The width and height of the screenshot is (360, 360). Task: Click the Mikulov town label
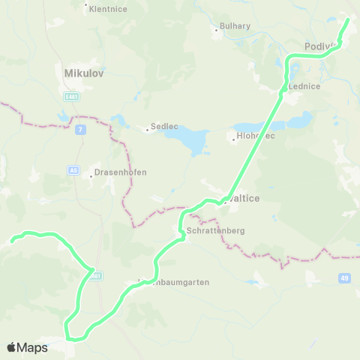click(83, 74)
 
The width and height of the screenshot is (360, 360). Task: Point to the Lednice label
click(305, 86)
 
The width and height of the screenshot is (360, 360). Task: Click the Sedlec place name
click(163, 127)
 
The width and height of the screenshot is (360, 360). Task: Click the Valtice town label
click(247, 200)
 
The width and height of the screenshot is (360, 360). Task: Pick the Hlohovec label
click(252, 136)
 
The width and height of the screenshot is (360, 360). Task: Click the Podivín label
click(319, 46)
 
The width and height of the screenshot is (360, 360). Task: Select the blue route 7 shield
click(80, 130)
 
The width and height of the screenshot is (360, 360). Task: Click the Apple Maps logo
click(27, 347)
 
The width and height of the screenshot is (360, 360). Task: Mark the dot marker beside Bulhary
click(216, 30)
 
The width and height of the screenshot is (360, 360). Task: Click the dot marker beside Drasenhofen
click(91, 175)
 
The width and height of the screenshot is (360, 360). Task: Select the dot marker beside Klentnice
click(85, 4)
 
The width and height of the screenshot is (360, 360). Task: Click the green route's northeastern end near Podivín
click(348, 18)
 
